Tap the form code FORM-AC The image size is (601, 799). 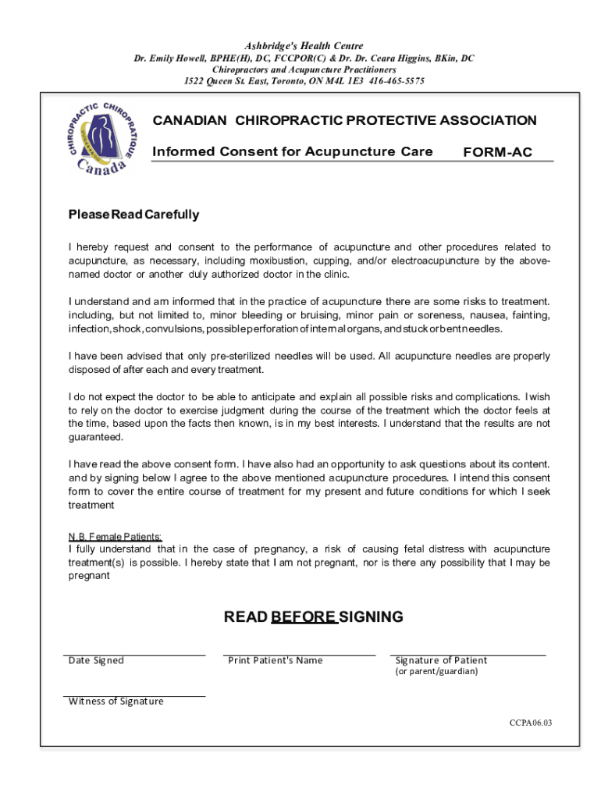pos(497,152)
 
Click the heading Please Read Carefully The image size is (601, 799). pos(133,215)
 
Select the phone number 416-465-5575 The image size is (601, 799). pos(397,81)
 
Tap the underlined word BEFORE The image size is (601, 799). pos(304,617)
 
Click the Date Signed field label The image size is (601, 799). pos(96,661)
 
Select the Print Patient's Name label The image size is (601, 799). pos(275,661)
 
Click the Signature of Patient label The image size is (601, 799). pos(441,661)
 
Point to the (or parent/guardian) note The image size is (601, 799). pos(436,672)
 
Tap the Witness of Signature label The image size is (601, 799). pos(116,701)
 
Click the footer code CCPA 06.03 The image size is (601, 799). pos(530,723)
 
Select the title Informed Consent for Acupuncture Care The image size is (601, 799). pos(292,151)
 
